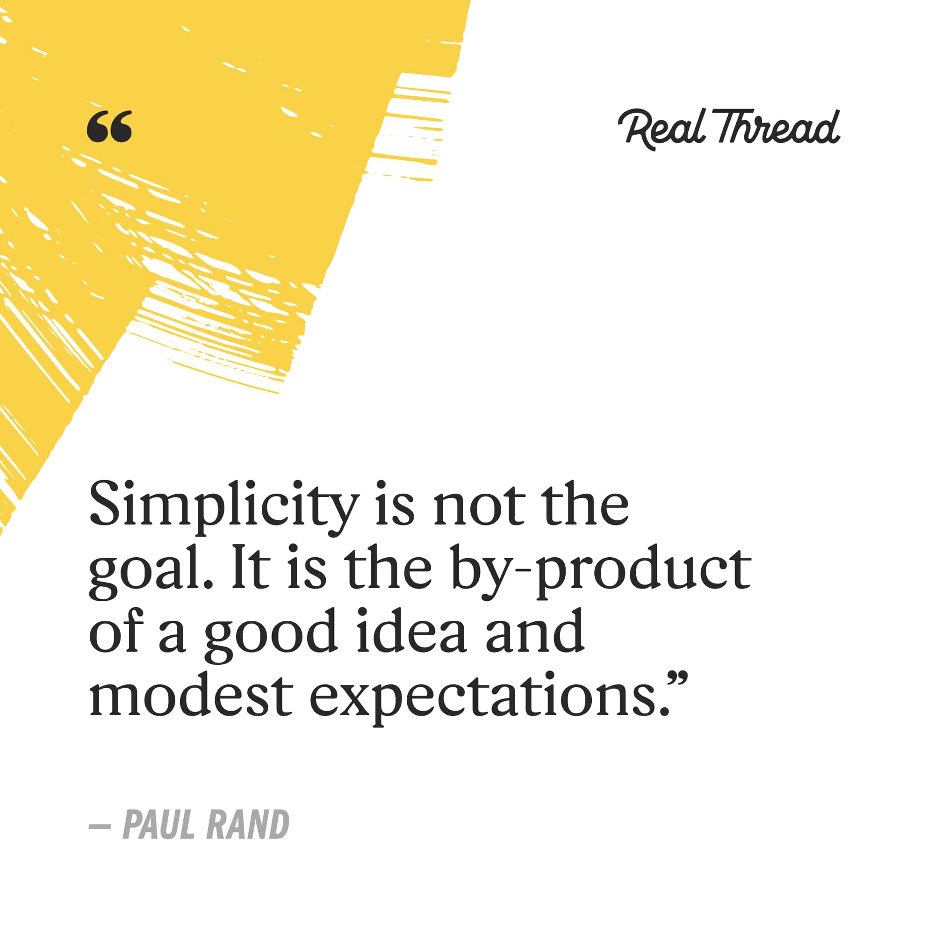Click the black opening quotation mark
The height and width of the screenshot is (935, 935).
(x=109, y=127)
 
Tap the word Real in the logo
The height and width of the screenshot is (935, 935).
(x=662, y=128)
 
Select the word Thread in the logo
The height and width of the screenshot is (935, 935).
(x=778, y=127)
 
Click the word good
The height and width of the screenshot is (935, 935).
(x=271, y=634)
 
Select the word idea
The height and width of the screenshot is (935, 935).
(x=411, y=630)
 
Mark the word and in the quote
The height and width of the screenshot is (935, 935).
(x=535, y=630)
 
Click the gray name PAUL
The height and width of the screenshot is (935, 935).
(x=159, y=825)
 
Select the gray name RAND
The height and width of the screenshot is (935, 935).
(x=248, y=825)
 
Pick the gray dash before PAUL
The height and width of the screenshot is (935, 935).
(x=100, y=826)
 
